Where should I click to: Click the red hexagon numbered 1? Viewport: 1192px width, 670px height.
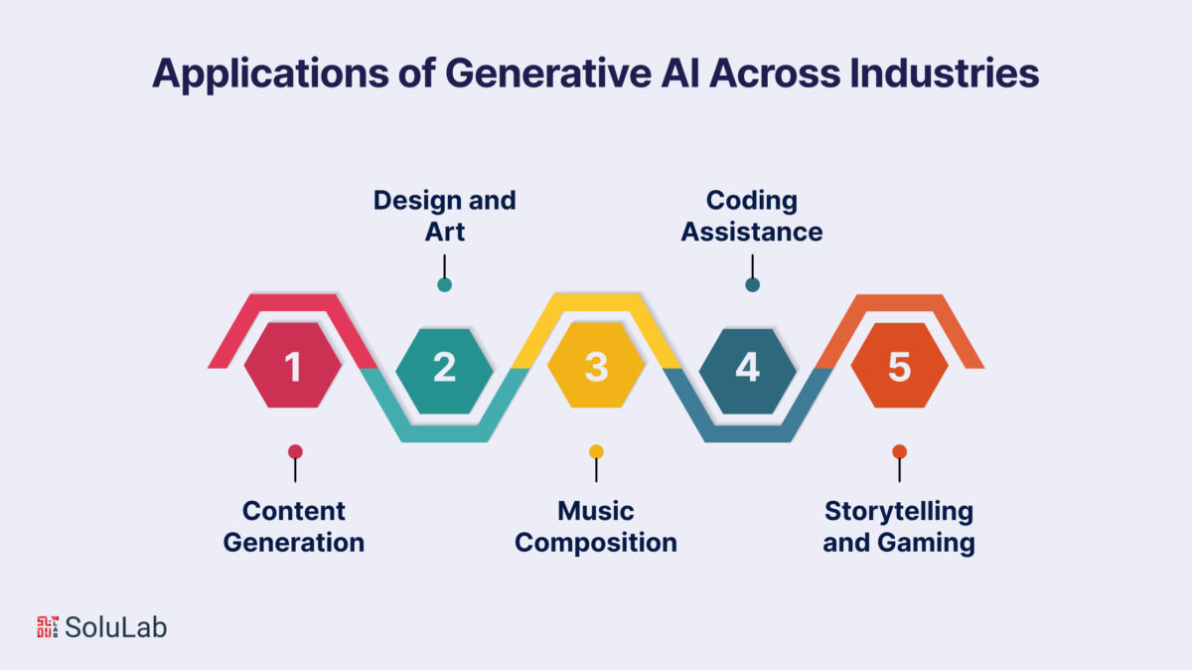293,366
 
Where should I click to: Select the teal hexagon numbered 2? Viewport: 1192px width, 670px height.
444,371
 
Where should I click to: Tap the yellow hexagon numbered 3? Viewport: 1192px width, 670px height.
596,366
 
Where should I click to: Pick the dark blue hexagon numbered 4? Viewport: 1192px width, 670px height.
748,371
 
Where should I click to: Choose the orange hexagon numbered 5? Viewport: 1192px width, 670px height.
899,366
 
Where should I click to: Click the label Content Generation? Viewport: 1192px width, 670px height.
294,527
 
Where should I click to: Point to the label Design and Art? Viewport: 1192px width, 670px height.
444,216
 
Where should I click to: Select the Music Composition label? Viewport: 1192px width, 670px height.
596,527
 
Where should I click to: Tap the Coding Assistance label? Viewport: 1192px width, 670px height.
752,216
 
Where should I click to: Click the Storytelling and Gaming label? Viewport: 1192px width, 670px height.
899,527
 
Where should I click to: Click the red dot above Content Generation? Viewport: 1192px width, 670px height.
295,451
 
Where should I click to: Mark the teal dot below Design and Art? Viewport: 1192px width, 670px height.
444,285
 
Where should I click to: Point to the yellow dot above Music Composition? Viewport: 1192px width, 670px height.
597,451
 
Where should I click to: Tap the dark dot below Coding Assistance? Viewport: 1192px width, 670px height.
753,285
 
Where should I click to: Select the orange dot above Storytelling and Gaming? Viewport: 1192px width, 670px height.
900,451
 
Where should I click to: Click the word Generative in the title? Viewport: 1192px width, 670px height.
548,73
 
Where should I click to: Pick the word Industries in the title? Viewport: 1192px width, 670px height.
944,73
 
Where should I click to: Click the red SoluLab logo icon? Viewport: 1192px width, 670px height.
48,627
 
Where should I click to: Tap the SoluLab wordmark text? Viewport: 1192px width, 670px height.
115,627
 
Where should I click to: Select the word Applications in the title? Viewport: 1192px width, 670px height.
270,75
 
